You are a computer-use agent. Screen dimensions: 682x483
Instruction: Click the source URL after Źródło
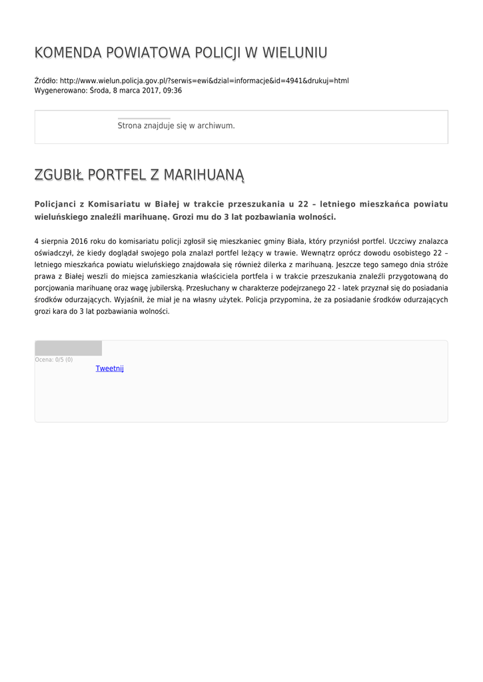point(204,81)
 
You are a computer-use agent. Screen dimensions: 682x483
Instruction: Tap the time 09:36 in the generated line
point(173,90)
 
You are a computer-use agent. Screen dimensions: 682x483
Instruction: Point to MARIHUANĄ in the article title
point(205,175)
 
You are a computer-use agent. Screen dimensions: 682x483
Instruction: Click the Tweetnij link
point(110,368)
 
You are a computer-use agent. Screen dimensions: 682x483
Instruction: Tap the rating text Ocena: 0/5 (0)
point(54,360)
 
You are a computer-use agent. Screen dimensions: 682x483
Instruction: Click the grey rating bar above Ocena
point(68,348)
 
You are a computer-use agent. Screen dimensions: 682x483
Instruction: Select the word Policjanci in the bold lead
point(58,204)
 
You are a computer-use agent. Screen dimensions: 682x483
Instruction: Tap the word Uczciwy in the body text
point(403,240)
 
